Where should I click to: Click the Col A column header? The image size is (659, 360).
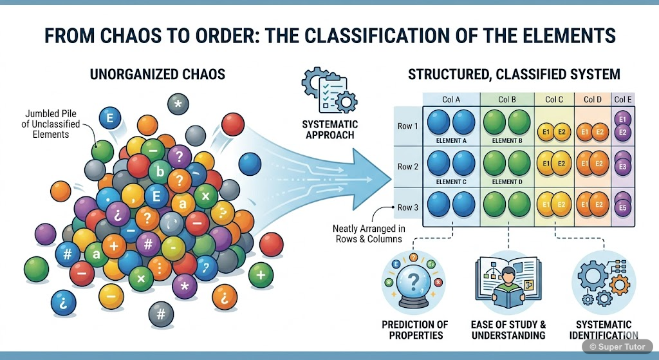[x=451, y=99]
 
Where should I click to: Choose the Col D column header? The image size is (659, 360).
[x=593, y=99]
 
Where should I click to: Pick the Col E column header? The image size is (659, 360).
[x=623, y=99]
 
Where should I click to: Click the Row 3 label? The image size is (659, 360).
[x=408, y=207]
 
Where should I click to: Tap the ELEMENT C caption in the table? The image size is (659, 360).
[x=451, y=182]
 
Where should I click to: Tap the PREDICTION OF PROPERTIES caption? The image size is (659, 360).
[x=414, y=330]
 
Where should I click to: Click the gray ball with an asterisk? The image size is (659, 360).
[x=178, y=103]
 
